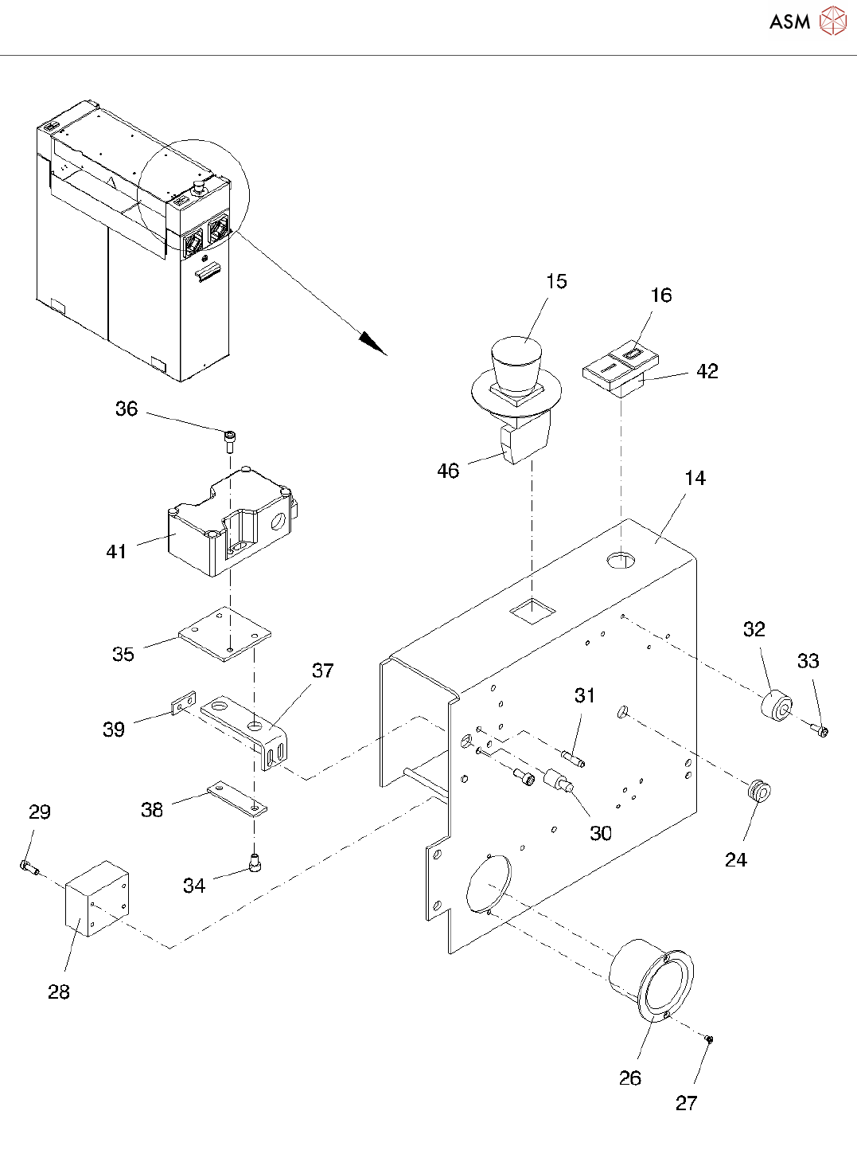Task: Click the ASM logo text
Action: [x=789, y=22]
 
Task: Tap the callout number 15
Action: [x=556, y=281]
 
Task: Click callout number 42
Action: [x=707, y=371]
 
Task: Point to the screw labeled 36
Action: [x=229, y=441]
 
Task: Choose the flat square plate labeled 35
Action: [x=224, y=634]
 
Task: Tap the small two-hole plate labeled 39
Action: [x=184, y=703]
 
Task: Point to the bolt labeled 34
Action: [x=255, y=863]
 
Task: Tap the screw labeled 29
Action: [x=28, y=866]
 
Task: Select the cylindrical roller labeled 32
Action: [x=777, y=705]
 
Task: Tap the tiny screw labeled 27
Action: [x=708, y=1039]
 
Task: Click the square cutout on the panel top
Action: [x=532, y=611]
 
